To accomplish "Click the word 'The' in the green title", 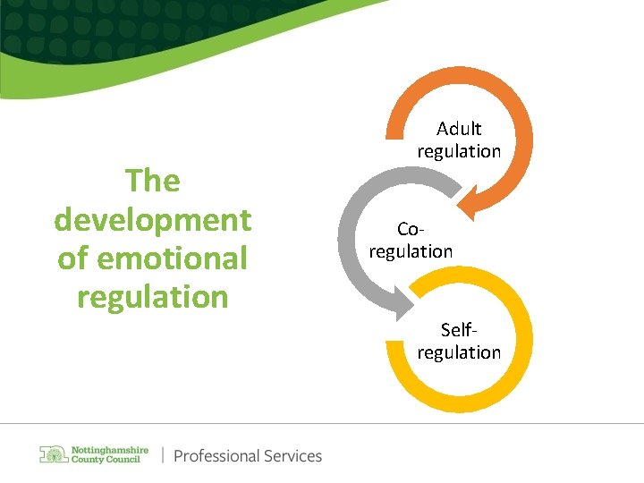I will (x=153, y=181).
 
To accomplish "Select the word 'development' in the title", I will (x=153, y=219).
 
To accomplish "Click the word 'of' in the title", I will (x=73, y=258).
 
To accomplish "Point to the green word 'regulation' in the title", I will (x=153, y=296).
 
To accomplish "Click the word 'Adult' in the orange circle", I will (x=459, y=129).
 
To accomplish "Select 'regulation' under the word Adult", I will (x=459, y=151).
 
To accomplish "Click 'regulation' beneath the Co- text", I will (x=411, y=251).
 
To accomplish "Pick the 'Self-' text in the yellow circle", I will (x=459, y=330).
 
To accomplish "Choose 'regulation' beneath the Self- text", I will (x=459, y=352).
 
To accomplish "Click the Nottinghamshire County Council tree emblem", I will (x=53, y=454).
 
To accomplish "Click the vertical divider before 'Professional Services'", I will (x=163, y=455).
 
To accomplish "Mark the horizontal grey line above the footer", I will (x=322, y=423).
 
